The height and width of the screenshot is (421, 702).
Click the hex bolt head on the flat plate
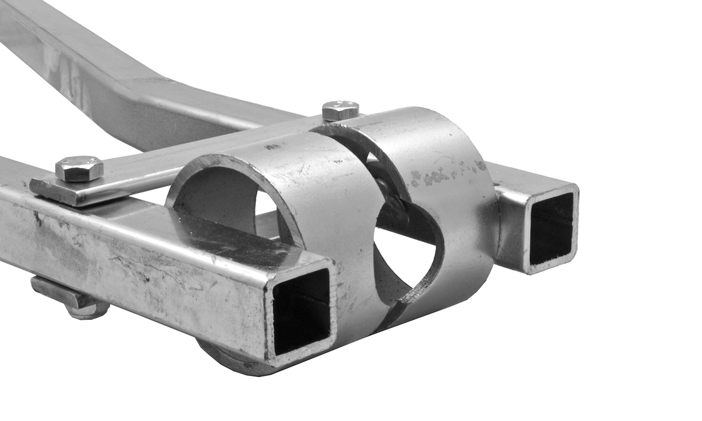[x=79, y=168]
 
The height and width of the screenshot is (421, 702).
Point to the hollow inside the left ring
[x=220, y=196]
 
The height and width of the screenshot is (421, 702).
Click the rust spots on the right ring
[x=445, y=175]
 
